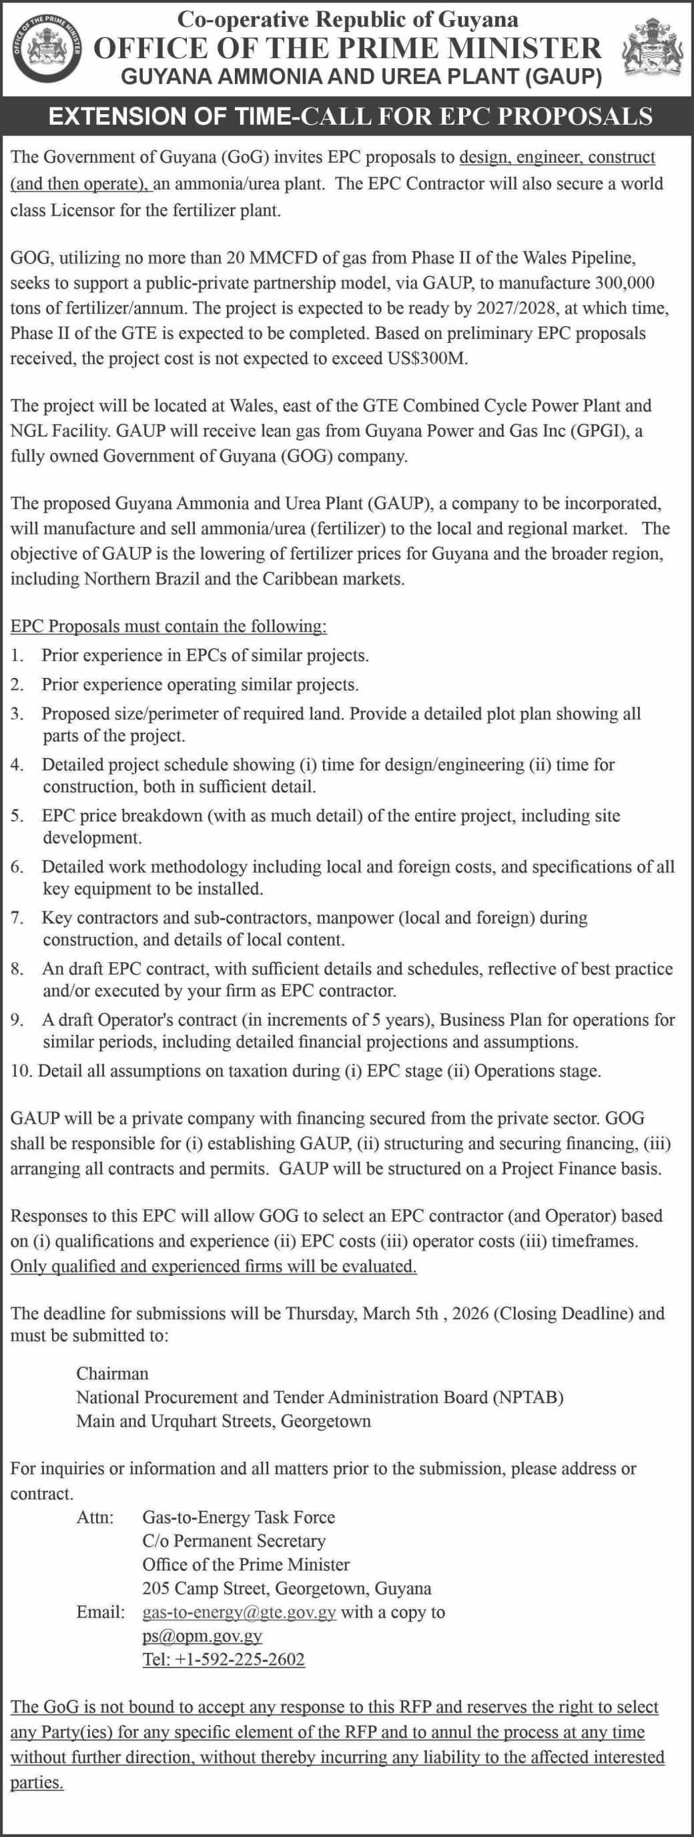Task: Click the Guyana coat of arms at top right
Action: [651, 49]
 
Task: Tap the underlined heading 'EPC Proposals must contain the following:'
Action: [168, 626]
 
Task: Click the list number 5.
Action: [16, 816]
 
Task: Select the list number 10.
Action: [20, 1070]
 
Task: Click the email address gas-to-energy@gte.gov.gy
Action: [239, 1612]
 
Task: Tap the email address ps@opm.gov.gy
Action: [202, 1636]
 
